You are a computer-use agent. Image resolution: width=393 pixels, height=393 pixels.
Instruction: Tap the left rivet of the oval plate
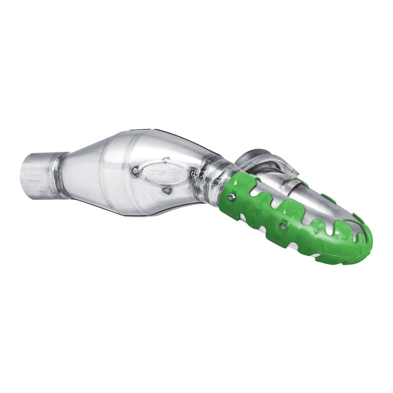coord(134,170)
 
